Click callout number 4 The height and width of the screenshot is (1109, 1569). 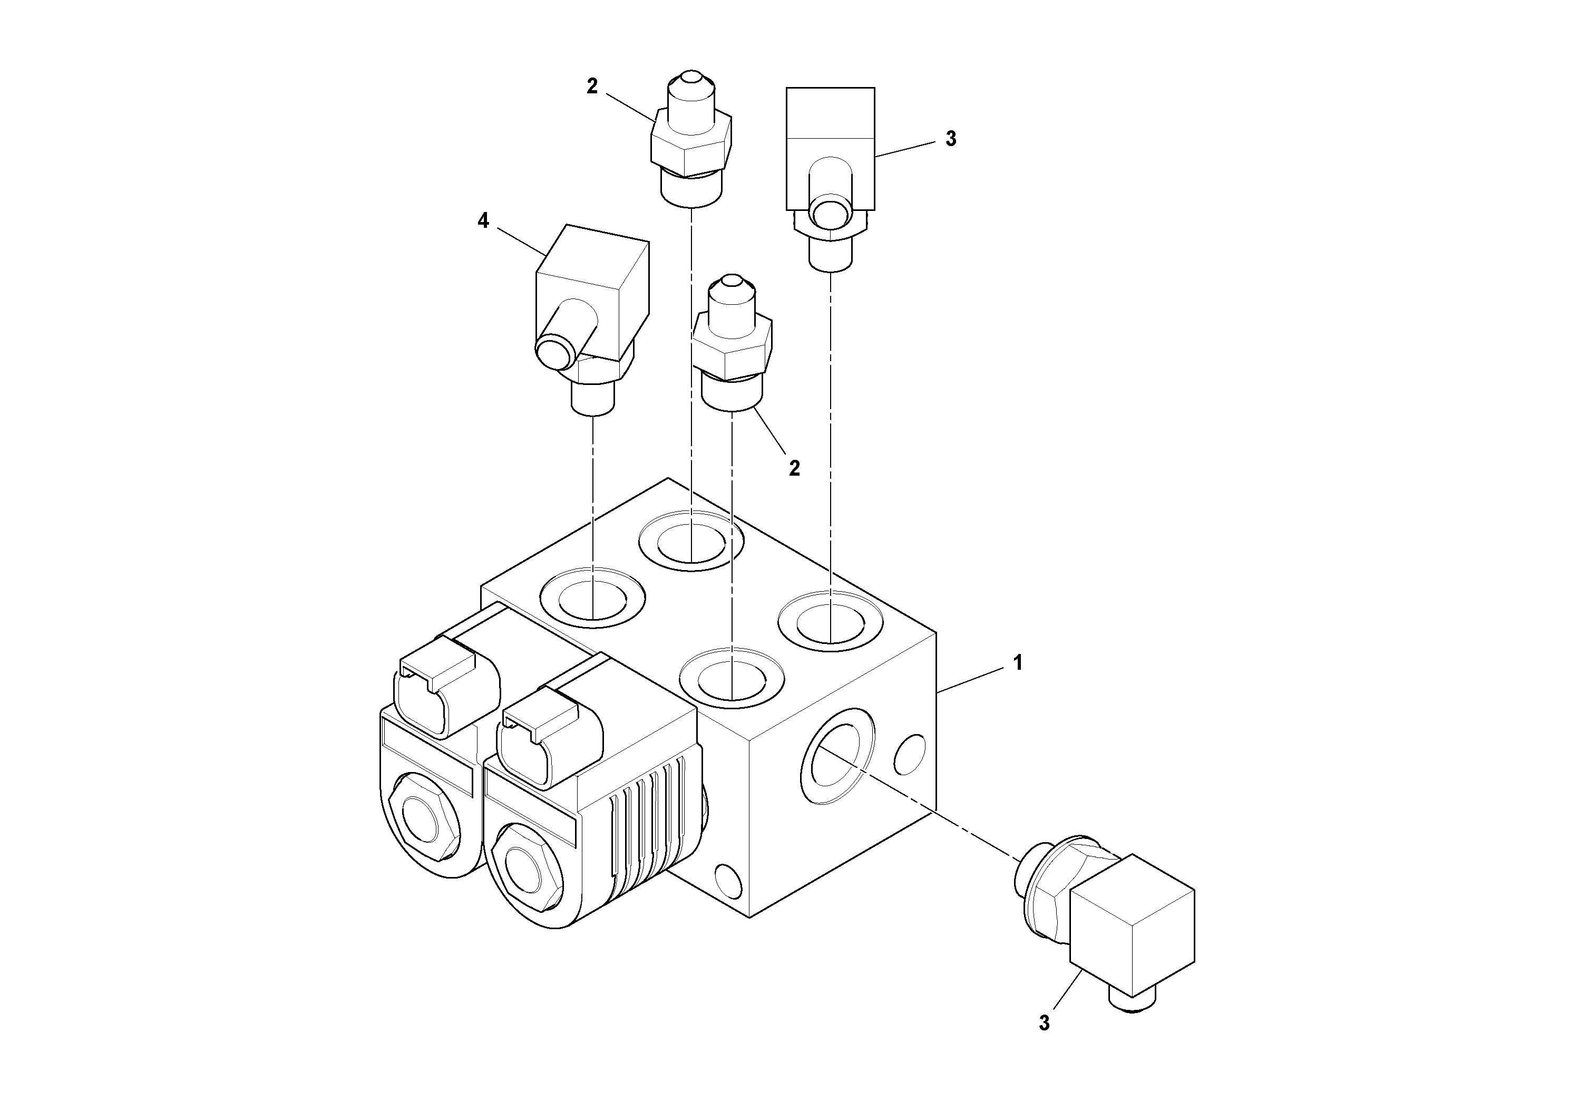point(483,221)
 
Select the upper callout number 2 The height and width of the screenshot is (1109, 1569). point(592,86)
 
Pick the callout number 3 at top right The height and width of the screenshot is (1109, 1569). point(951,139)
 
